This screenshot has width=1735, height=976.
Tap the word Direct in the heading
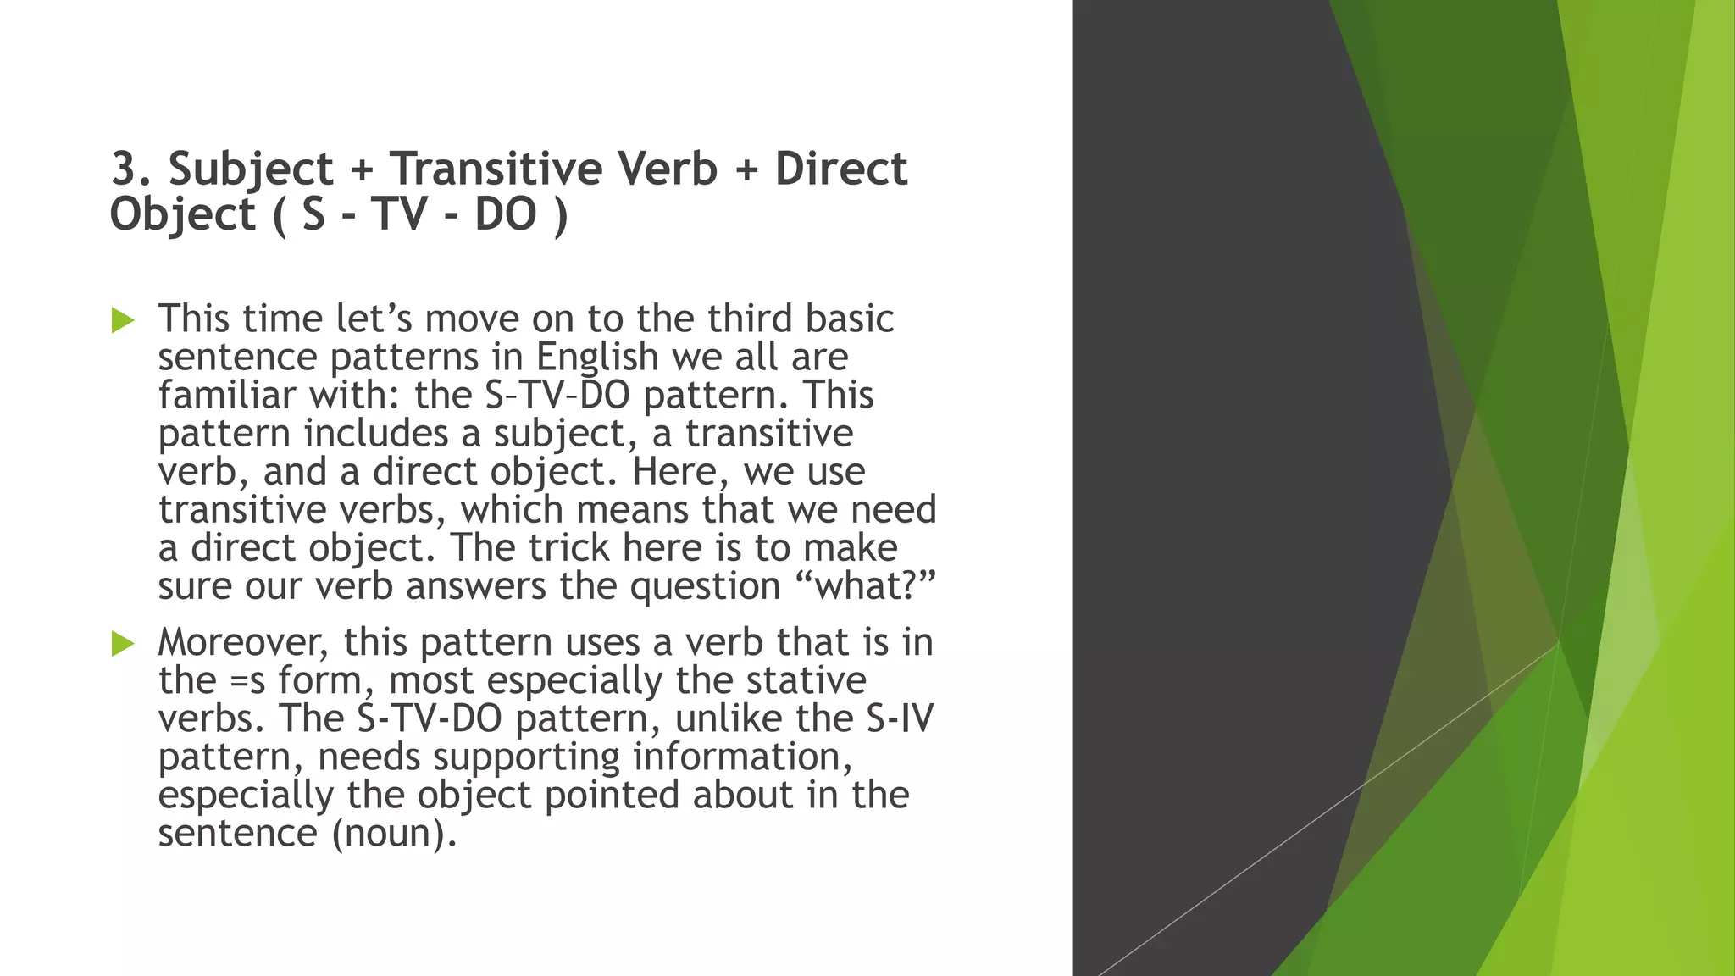[x=840, y=169]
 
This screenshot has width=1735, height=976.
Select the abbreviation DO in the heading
[x=506, y=213]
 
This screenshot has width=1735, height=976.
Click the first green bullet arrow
[x=123, y=320]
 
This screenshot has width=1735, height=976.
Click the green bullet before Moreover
[x=123, y=644]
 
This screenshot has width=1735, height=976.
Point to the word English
[x=597, y=357]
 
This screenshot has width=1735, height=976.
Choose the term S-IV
[x=900, y=718]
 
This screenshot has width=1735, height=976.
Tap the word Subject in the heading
[x=251, y=169]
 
